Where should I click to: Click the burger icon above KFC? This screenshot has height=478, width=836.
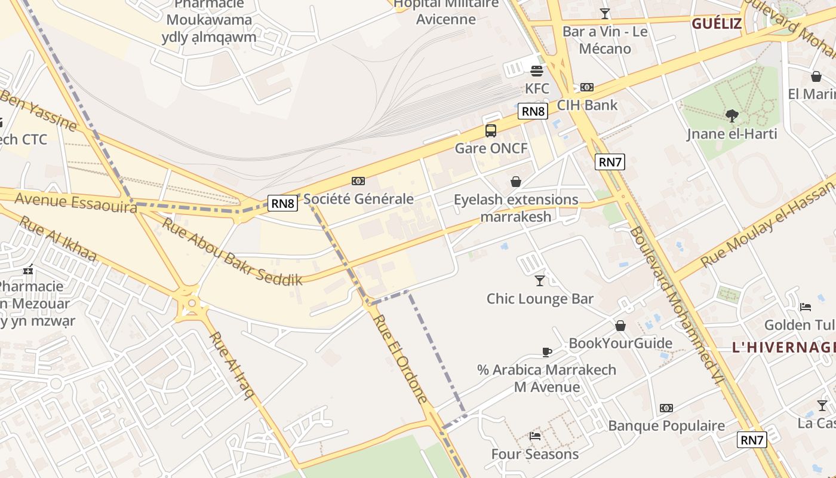pyautogui.click(x=536, y=71)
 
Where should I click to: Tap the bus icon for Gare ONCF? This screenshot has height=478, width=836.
pyautogui.click(x=491, y=130)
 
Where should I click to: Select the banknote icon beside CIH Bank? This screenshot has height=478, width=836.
pyautogui.click(x=587, y=87)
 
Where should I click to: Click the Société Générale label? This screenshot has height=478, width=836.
pyautogui.click(x=358, y=198)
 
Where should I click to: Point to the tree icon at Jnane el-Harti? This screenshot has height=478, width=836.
pyautogui.click(x=732, y=116)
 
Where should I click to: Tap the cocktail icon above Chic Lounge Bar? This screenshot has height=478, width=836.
pyautogui.click(x=540, y=280)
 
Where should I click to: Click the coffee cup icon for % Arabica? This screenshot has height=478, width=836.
pyautogui.click(x=546, y=352)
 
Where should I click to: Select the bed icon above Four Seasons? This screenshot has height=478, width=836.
pyautogui.click(x=535, y=436)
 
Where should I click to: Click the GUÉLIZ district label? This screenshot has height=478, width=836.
pyautogui.click(x=717, y=24)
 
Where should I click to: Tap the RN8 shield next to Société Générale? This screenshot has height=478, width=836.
pyautogui.click(x=282, y=203)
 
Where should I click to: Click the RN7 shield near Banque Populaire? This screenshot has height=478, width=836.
pyautogui.click(x=752, y=440)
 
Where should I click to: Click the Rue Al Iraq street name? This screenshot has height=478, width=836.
pyautogui.click(x=232, y=365)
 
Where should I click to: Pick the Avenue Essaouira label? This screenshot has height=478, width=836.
pyautogui.click(x=75, y=202)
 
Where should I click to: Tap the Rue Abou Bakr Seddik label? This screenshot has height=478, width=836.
pyautogui.click(x=232, y=252)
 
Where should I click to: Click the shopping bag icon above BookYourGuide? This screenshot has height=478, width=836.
pyautogui.click(x=620, y=326)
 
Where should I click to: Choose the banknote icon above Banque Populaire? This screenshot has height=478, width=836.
pyautogui.click(x=666, y=408)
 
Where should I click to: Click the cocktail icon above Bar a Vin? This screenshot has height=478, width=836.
pyautogui.click(x=605, y=13)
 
